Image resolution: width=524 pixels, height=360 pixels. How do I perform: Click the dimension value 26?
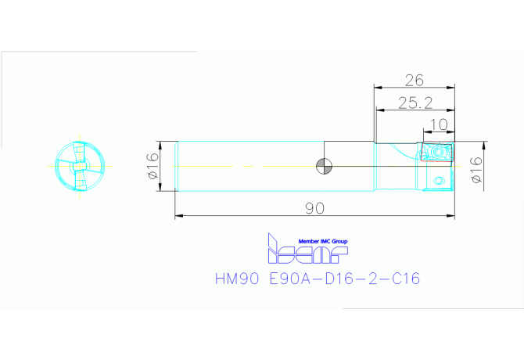click(x=414, y=81)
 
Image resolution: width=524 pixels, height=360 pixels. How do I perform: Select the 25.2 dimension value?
click(x=415, y=103)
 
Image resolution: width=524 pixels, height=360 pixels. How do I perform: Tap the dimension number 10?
click(x=439, y=124)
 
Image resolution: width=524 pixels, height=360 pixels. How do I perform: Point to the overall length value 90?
click(x=315, y=208)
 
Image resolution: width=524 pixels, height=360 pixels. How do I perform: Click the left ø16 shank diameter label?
click(x=153, y=166)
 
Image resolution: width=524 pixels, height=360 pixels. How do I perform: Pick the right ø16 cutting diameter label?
click(x=476, y=170)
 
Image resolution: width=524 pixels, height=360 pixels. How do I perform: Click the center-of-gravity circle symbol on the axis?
click(x=324, y=166)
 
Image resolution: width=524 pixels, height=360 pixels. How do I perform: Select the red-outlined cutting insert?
click(x=437, y=152)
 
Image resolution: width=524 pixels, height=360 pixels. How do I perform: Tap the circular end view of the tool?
click(x=80, y=166)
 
